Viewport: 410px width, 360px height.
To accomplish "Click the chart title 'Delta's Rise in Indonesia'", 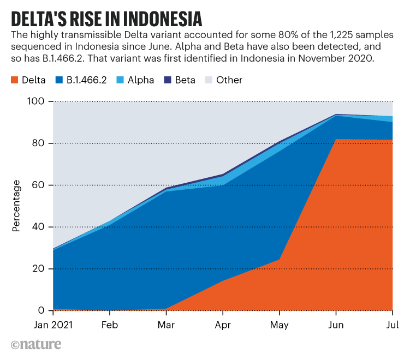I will click(x=107, y=19).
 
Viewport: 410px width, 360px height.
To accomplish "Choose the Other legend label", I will click(x=229, y=80).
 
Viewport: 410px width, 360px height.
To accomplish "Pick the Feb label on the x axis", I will click(x=110, y=325).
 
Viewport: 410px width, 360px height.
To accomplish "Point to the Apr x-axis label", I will click(x=223, y=325).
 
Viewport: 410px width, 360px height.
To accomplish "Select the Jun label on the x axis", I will click(x=336, y=325).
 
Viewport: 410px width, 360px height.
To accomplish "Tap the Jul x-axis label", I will click(x=393, y=325).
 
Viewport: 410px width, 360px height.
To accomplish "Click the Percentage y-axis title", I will click(x=16, y=206).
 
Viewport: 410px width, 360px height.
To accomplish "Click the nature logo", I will click(x=36, y=344).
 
